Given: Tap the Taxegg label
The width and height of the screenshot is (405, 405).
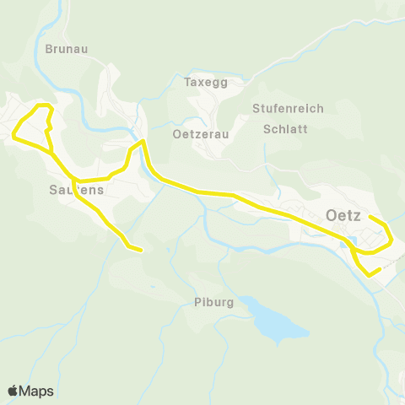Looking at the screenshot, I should click(x=206, y=83).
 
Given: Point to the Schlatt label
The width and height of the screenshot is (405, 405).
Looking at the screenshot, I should click(x=285, y=129).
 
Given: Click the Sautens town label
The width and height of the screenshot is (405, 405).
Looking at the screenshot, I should click(x=71, y=190).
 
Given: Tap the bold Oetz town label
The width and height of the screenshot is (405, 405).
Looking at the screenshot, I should click(x=343, y=215).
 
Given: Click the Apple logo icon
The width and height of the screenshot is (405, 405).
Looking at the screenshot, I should click(x=13, y=391).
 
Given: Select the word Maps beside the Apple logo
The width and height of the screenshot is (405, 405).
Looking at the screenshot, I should click(x=37, y=391).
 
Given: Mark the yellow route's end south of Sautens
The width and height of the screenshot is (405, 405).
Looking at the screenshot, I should click(x=140, y=249).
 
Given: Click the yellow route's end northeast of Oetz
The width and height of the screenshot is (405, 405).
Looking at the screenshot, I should click(x=371, y=218).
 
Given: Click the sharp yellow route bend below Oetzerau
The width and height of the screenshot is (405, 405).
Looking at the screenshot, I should click(x=143, y=142).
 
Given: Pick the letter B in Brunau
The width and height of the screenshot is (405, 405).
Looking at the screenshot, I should click(x=49, y=49).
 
